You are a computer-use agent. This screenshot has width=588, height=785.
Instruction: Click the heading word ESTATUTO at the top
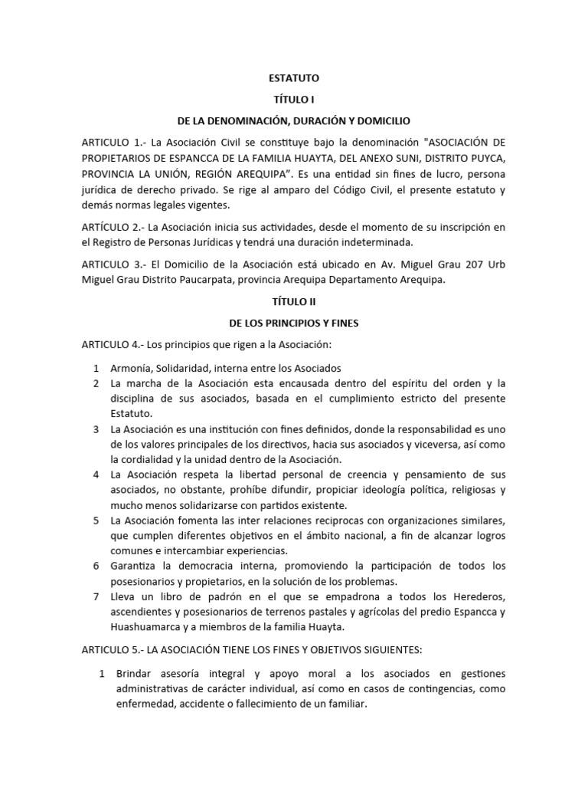294,78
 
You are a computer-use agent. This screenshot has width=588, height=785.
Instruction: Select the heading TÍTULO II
294,302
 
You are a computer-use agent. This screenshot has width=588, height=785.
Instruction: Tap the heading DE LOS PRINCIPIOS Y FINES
294,324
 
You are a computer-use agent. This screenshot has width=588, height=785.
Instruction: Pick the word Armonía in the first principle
134,367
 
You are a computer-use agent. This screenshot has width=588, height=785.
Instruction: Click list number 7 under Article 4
96,596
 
